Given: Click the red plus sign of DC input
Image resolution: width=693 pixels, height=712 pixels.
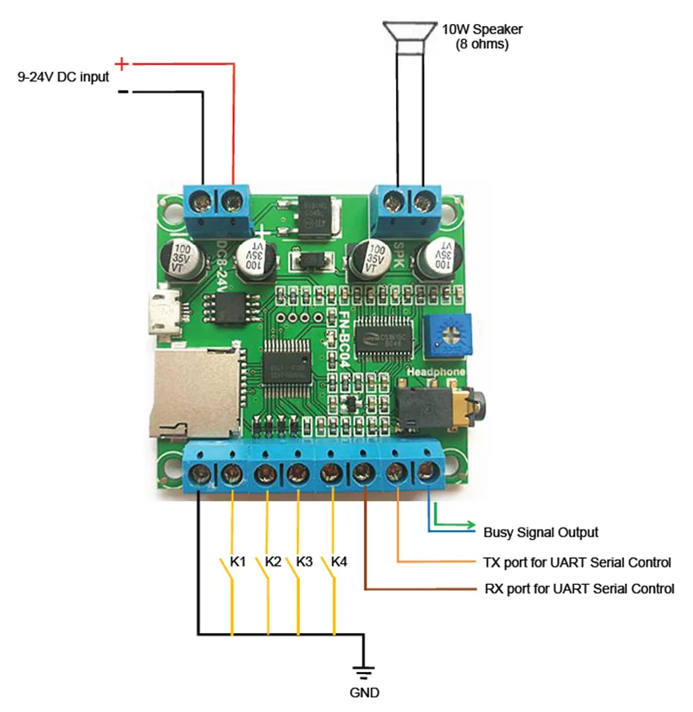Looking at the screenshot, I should tap(122, 63).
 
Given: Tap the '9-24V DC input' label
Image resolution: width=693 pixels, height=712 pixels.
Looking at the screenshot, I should tap(63, 76).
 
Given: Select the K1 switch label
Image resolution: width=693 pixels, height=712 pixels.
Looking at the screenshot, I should tap(238, 561).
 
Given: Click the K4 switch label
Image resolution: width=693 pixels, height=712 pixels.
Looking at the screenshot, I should tap(339, 561).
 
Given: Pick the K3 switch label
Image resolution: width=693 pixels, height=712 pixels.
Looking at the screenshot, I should tap(303, 561).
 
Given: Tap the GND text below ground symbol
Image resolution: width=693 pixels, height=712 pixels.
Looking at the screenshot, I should tap(365, 692).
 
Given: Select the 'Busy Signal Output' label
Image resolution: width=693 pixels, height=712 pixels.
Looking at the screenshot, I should tap(541, 532).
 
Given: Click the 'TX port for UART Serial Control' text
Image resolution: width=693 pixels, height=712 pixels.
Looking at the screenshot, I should tap(577, 561).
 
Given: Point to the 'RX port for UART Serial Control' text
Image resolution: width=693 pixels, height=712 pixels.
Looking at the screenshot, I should tap(579, 589).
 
